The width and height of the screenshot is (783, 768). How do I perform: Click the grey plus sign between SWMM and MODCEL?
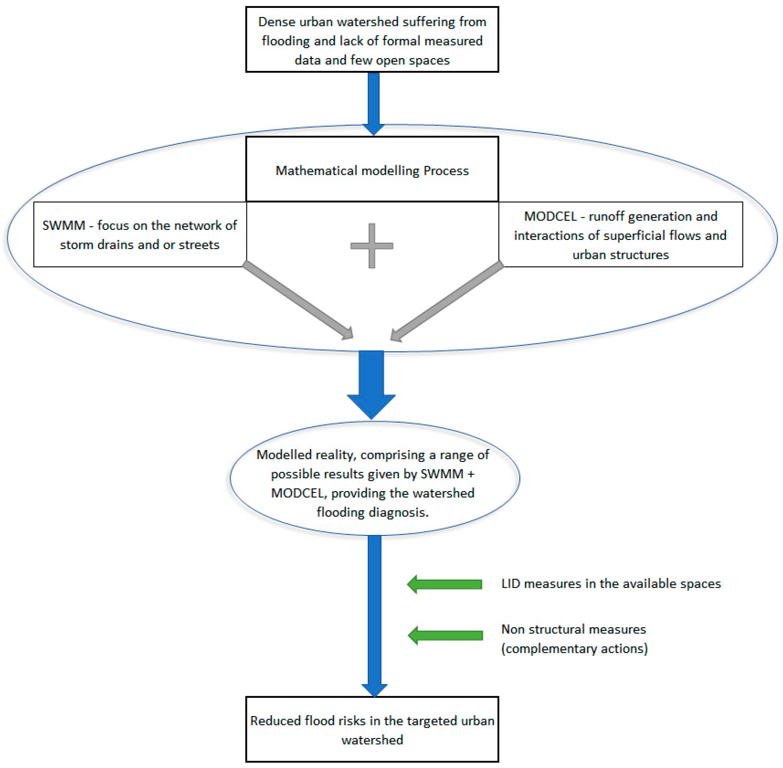371,246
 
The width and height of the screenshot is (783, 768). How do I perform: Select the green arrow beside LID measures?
444,584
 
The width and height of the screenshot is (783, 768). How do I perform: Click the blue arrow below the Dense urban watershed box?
373,101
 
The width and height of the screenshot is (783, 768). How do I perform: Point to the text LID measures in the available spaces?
611,584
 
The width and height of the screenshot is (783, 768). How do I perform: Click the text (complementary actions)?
574,649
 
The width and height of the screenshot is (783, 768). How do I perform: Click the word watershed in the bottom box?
372,740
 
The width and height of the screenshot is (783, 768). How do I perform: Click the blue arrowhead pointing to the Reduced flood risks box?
374,690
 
